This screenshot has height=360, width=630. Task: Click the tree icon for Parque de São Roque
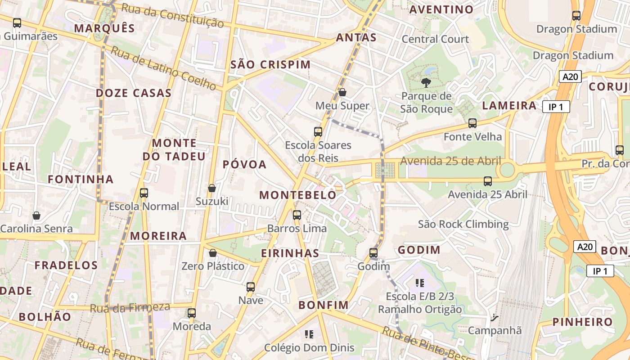click(425, 83)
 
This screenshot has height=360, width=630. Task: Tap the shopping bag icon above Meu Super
click(342, 92)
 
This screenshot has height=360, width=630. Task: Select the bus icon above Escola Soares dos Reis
click(318, 131)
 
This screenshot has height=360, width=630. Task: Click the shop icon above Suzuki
click(212, 188)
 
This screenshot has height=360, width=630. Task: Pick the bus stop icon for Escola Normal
click(144, 193)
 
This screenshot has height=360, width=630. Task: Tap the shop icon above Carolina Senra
click(36, 216)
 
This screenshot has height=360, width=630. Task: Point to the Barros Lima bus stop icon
click(297, 215)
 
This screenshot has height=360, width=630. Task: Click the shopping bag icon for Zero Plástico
click(213, 253)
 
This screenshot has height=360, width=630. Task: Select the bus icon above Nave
click(251, 287)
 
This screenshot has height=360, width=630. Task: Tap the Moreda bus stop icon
click(192, 313)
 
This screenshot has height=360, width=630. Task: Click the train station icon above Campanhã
click(495, 318)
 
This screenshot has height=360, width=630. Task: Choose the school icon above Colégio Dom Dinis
click(309, 334)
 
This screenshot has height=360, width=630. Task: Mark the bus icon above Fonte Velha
click(472, 123)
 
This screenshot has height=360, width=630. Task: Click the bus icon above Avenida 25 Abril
click(488, 181)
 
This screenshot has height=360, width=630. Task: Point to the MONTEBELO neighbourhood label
click(298, 195)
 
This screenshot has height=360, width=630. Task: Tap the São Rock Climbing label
click(463, 224)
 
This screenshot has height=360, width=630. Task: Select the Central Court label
click(435, 39)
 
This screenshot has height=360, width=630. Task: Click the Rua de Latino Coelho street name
click(164, 67)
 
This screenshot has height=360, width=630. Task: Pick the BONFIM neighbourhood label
click(324, 305)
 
